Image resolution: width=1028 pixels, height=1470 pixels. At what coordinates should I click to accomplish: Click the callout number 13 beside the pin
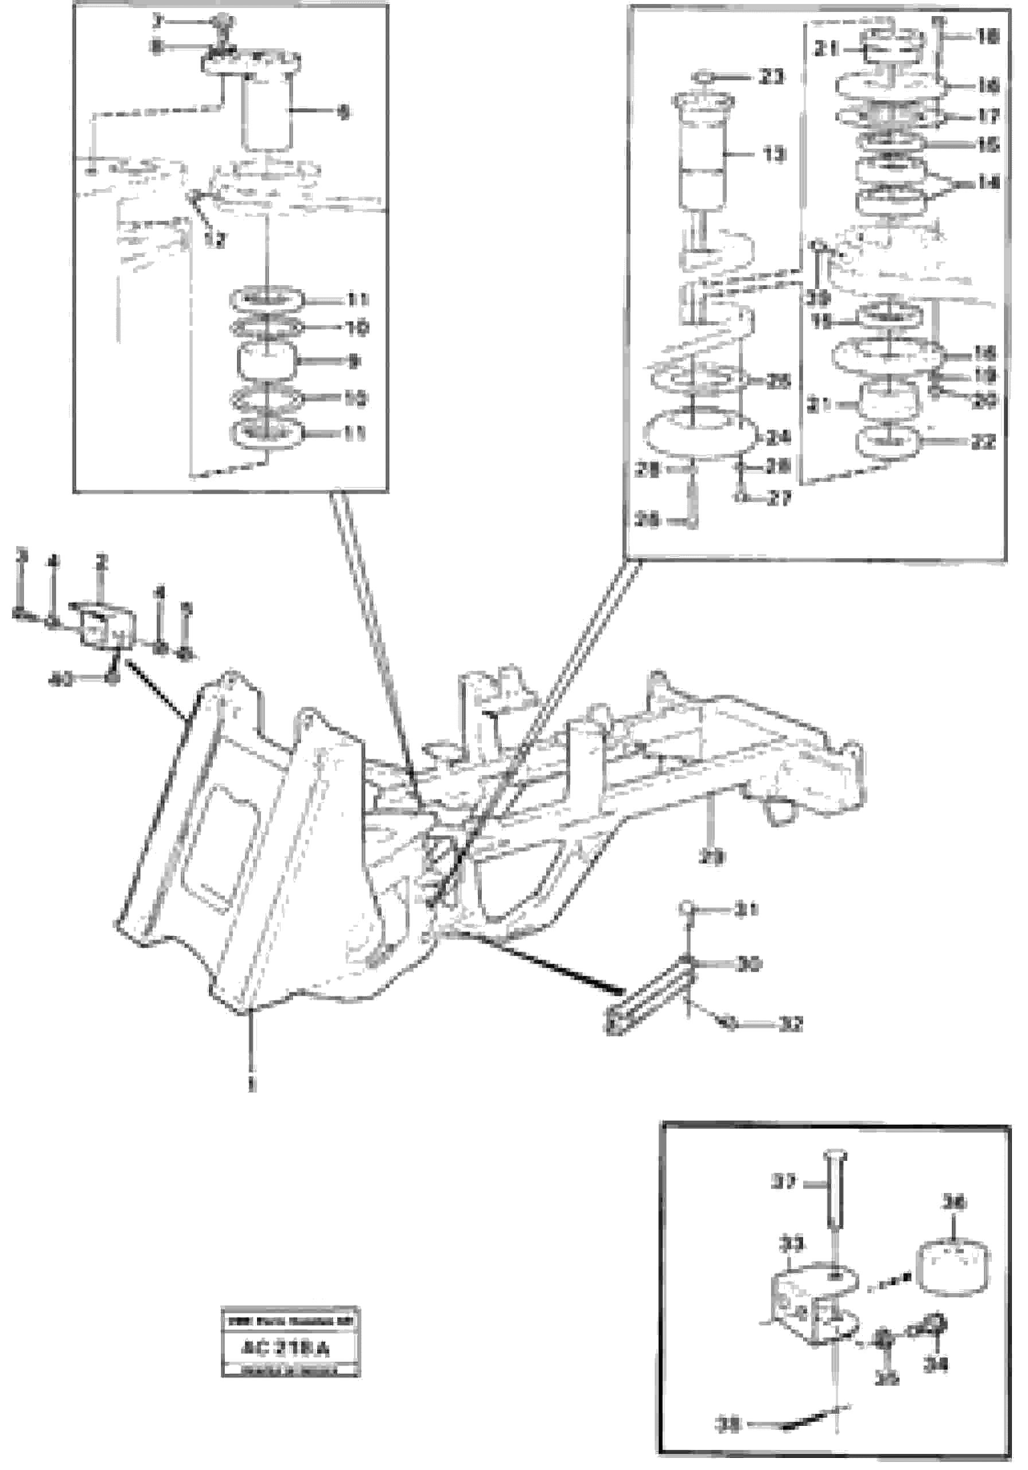pos(775,154)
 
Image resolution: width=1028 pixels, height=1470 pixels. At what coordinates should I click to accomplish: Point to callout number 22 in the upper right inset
pos(983,441)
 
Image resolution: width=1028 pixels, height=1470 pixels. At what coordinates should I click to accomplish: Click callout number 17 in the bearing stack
pos(987,116)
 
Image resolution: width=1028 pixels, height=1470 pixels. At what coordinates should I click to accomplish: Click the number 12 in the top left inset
pos(216,240)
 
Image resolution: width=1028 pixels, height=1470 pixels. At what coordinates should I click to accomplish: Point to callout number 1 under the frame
pos(252,1084)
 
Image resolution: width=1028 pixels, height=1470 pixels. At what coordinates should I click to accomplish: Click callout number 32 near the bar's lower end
pos(792,1024)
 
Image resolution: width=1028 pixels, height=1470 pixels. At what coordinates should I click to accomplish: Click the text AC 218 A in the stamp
pos(285,1349)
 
